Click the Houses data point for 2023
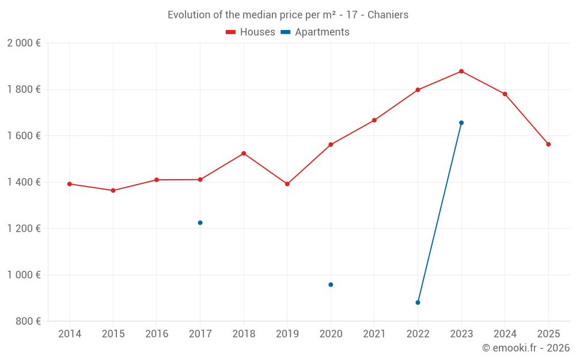tap(461, 71)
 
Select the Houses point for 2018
tap(244, 153)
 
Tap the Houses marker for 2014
tap(70, 184)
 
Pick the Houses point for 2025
tap(548, 145)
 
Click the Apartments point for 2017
tap(200, 223)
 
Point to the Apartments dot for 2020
tap(331, 285)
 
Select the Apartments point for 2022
tap(418, 302)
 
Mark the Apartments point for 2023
tap(461, 123)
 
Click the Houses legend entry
tap(251, 32)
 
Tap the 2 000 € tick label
tap(24, 43)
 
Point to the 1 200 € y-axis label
tap(24, 229)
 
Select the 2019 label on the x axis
tap(287, 334)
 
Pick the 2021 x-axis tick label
tap(374, 334)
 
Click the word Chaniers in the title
tap(389, 15)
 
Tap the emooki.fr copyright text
tap(526, 348)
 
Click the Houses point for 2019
tap(287, 184)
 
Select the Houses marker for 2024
tap(505, 94)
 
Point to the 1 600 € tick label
tap(24, 136)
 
